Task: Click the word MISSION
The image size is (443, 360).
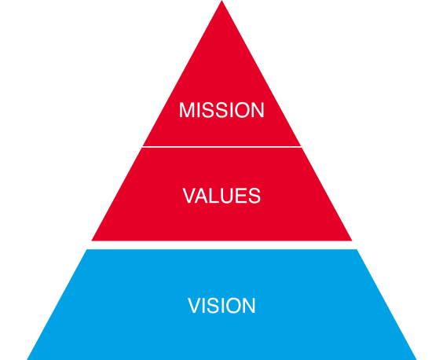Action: pyautogui.click(x=222, y=110)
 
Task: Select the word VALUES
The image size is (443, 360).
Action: pyautogui.click(x=222, y=196)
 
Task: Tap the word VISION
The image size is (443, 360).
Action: pyautogui.click(x=222, y=306)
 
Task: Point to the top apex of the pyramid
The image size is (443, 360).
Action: pyautogui.click(x=222, y=1)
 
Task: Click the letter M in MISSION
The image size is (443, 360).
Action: pyautogui.click(x=186, y=110)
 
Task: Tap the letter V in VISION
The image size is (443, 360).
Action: pyautogui.click(x=195, y=306)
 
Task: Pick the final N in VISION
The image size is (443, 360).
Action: pyautogui.click(x=249, y=306)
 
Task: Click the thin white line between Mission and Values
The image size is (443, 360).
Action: pyautogui.click(x=222, y=147)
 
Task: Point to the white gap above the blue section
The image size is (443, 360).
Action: pyautogui.click(x=222, y=245)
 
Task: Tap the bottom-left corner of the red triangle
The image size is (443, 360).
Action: pyautogui.click(x=92, y=241)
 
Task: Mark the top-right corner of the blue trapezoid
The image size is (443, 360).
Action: pyautogui.click(x=357, y=249)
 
